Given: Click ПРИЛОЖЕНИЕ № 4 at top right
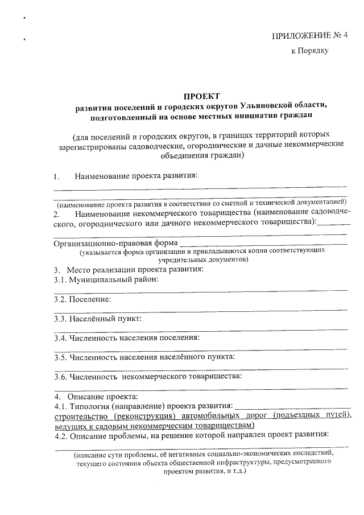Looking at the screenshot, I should [310, 35].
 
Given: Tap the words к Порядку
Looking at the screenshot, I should [309, 51].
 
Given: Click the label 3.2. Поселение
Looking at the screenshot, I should [82, 299].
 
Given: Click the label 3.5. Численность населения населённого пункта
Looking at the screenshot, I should [144, 357].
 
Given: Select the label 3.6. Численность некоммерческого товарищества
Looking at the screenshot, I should [148, 376].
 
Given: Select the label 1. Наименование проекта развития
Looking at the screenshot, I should [125, 175].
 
